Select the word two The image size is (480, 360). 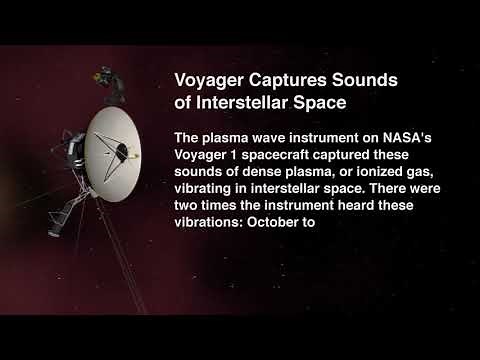click(187, 206)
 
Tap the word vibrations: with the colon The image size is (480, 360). click(209, 223)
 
